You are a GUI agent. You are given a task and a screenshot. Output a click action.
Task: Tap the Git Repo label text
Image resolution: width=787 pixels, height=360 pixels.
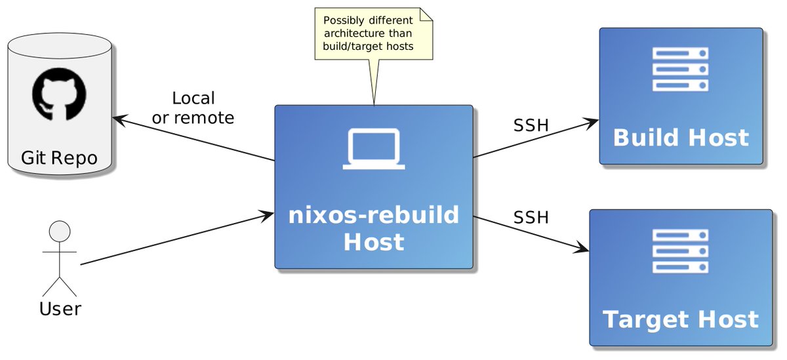59,158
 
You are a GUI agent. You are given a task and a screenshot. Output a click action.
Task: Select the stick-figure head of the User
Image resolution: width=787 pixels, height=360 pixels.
60,233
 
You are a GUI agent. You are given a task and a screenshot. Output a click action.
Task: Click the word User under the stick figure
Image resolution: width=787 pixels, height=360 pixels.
60,308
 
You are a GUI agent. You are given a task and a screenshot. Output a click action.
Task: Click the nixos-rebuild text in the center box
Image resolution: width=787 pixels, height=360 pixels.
374,215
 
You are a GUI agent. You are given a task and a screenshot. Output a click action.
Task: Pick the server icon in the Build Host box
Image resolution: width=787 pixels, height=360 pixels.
680,68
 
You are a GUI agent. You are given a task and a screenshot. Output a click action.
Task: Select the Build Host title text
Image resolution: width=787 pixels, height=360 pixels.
681,138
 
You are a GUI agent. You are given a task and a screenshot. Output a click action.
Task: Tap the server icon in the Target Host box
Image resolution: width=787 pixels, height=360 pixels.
680,250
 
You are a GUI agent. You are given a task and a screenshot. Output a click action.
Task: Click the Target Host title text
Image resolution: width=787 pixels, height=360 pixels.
680,319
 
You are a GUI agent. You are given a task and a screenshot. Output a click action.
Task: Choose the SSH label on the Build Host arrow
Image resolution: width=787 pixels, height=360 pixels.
531,125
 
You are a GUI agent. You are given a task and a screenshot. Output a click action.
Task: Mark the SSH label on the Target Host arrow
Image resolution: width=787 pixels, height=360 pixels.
531,217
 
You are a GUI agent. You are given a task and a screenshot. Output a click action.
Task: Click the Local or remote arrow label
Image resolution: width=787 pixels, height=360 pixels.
193,108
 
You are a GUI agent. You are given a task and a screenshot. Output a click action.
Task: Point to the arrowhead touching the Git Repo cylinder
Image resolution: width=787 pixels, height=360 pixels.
119,119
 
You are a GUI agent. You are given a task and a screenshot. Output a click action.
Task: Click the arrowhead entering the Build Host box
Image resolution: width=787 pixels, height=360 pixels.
592,121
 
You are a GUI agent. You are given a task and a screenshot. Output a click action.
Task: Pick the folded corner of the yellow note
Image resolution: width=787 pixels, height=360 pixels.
427,14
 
